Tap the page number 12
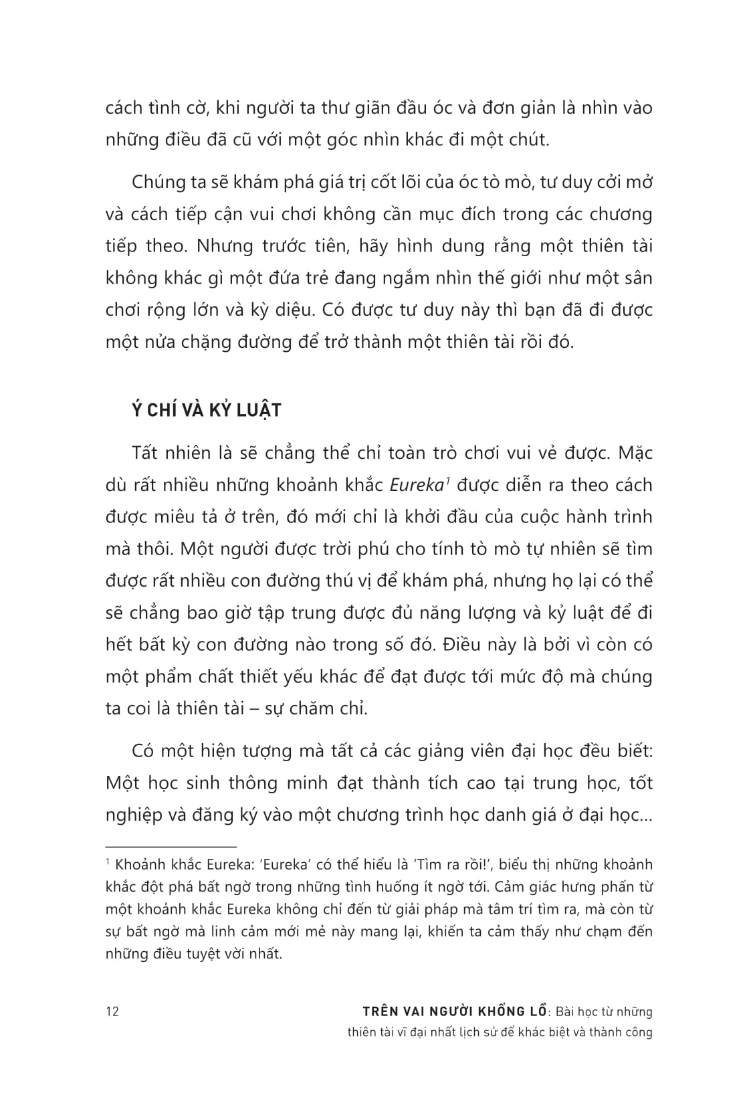tap(112, 1011)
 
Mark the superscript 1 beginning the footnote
tap(108, 862)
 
